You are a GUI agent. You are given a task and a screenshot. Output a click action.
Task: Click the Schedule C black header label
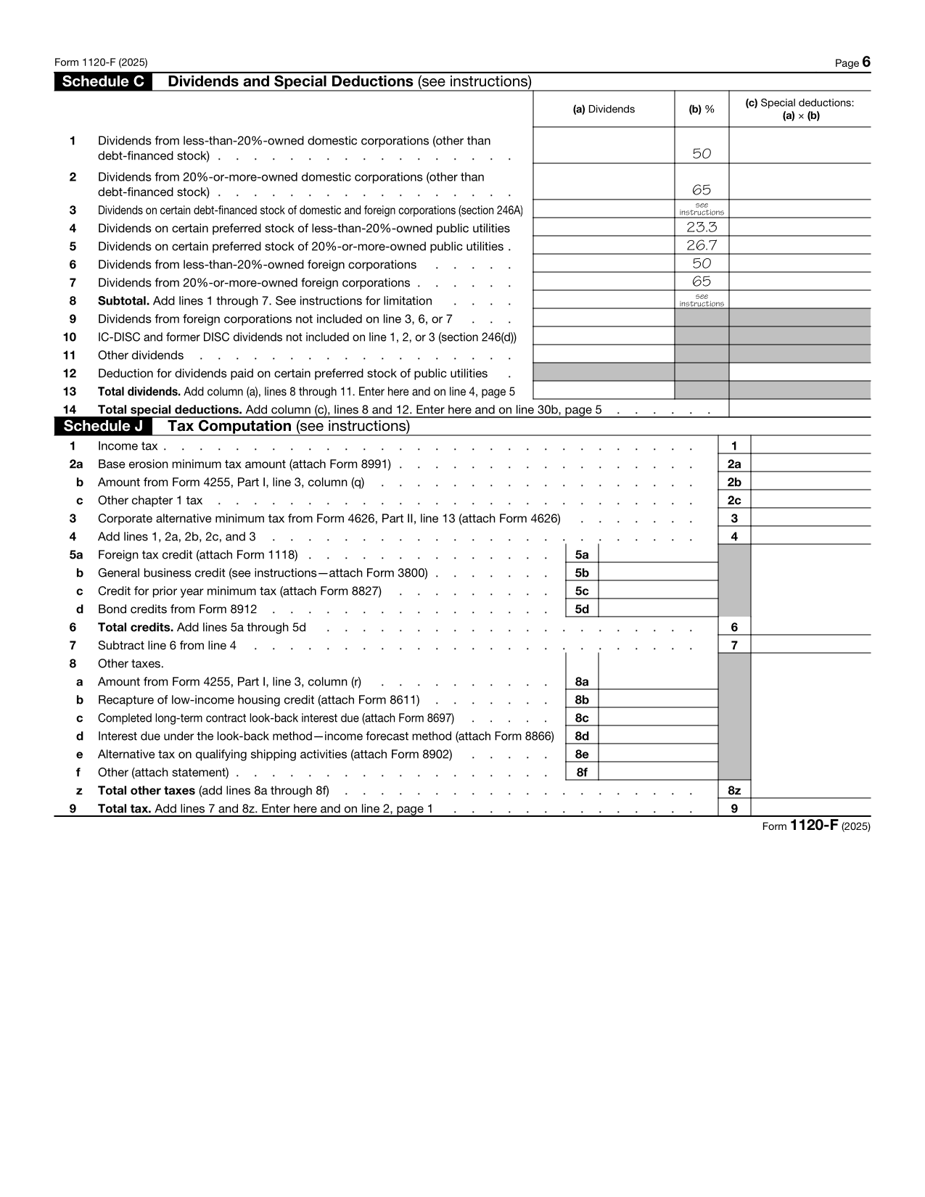click(102, 82)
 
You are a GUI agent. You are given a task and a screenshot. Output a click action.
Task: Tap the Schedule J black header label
click(102, 427)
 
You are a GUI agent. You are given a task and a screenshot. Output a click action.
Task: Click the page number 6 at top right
click(866, 62)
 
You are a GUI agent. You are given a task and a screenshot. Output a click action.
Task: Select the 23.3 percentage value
click(702, 227)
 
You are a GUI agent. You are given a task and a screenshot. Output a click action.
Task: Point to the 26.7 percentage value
click(702, 245)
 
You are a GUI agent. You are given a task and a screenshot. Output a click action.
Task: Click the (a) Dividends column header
click(604, 110)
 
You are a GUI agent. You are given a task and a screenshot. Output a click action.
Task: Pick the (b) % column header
click(702, 110)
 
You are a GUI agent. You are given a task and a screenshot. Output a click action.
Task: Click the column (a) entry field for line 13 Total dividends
click(604, 391)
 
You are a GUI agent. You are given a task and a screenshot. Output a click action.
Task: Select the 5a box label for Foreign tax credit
click(582, 555)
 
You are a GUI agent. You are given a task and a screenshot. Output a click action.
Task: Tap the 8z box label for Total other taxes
click(734, 791)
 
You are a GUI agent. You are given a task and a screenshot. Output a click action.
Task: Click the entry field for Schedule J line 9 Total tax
click(810, 809)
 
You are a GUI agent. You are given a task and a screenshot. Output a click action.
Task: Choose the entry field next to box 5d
click(658, 609)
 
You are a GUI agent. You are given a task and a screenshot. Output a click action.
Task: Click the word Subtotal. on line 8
click(123, 301)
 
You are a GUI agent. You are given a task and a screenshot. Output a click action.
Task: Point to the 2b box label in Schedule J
click(734, 482)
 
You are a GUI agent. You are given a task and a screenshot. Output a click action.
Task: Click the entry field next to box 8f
click(658, 773)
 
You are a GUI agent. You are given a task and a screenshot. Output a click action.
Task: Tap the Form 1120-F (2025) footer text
click(816, 826)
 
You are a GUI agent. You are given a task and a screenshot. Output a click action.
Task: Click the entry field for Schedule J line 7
click(810, 646)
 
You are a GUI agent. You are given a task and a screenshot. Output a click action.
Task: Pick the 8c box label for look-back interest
click(582, 718)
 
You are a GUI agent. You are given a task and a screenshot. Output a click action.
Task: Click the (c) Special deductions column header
click(799, 110)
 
